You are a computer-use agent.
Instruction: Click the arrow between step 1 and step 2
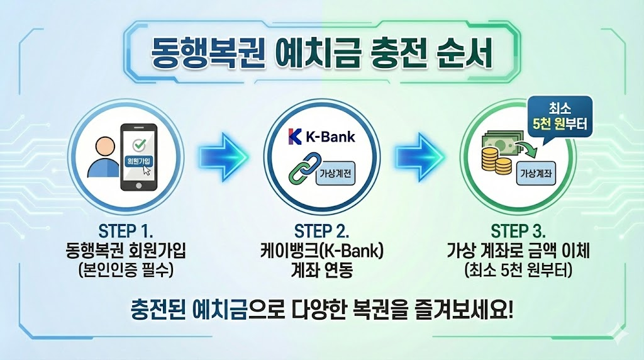222,154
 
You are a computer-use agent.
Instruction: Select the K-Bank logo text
321,136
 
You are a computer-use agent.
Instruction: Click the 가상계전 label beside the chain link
335,173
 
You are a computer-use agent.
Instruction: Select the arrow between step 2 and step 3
419,154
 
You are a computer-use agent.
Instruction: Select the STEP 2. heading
321,228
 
